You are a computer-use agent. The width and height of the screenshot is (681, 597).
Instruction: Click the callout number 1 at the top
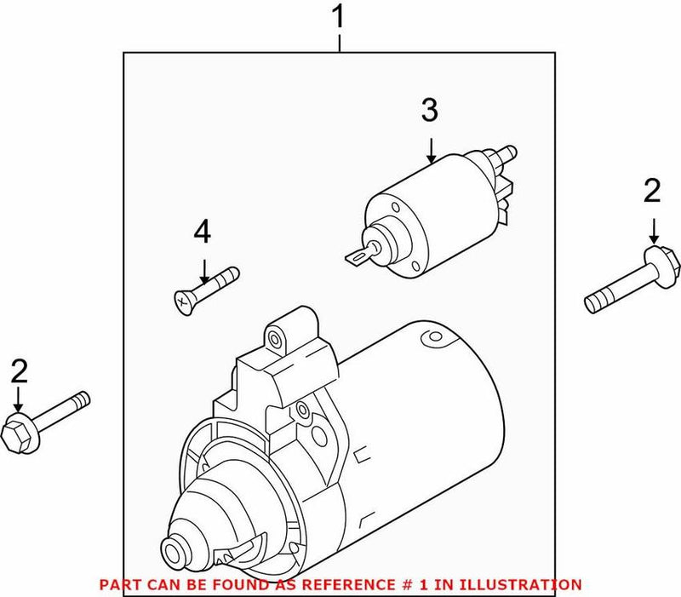tap(340, 17)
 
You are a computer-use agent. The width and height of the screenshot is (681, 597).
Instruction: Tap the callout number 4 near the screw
tap(203, 232)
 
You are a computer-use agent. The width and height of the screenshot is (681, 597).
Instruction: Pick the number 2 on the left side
tap(19, 371)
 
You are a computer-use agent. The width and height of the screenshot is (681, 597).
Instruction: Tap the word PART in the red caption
tap(118, 584)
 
